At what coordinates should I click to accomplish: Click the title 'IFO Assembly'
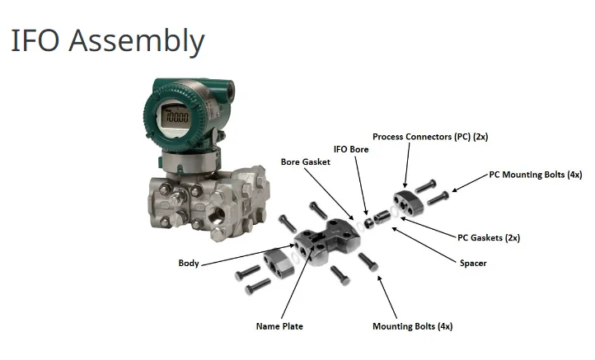(x=107, y=40)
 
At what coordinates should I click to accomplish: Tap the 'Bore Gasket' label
(x=305, y=162)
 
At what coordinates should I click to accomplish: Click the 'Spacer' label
(x=473, y=264)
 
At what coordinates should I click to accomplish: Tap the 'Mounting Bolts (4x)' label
(x=413, y=326)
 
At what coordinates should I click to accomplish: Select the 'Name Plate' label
(x=279, y=326)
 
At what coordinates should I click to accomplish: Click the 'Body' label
(x=188, y=264)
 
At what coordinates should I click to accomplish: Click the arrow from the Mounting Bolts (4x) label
(x=387, y=297)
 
